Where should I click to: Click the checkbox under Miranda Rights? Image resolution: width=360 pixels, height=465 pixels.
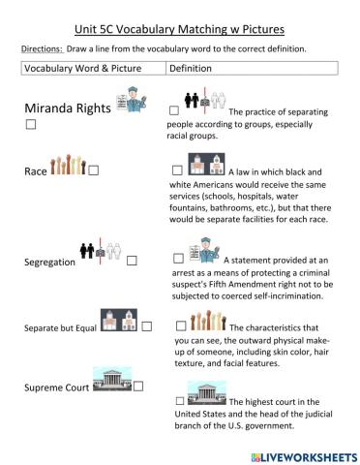(x=32, y=126)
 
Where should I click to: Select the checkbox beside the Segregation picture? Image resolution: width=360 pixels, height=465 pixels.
(x=132, y=261)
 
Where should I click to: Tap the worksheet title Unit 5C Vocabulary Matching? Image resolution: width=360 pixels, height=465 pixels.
(x=179, y=28)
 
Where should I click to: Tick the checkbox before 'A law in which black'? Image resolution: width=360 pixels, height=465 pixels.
(x=177, y=170)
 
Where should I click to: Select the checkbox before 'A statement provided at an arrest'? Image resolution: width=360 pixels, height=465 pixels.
(x=178, y=258)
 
